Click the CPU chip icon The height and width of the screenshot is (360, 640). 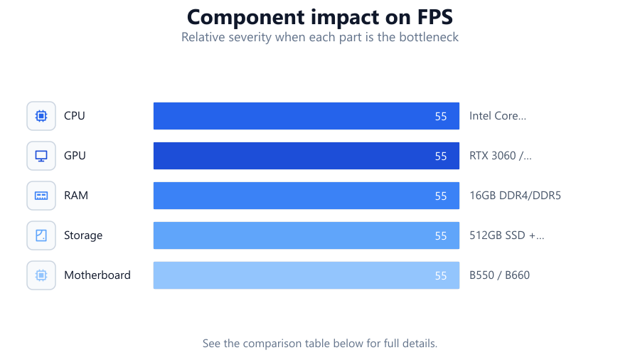pos(41,116)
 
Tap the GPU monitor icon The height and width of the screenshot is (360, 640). pos(41,156)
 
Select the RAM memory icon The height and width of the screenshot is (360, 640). pos(41,196)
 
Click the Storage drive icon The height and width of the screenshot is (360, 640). pos(41,235)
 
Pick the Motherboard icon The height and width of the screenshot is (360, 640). pos(41,275)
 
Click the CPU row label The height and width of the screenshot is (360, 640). pos(74,116)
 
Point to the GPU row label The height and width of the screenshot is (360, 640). pos(75,156)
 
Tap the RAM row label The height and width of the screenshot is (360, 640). pos(76,196)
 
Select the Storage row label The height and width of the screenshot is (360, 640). pos(83,235)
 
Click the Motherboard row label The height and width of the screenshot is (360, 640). pos(97,275)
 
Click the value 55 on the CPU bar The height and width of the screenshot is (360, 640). pos(441,117)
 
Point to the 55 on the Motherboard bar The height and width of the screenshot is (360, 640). pos(441,276)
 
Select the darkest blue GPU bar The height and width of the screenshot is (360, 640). pos(306,156)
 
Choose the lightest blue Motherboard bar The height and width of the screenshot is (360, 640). pos(306,275)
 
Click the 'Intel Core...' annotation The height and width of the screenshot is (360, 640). pos(498,116)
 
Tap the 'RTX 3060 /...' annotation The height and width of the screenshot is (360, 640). pos(501,156)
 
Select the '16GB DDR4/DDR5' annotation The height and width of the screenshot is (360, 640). pos(515,196)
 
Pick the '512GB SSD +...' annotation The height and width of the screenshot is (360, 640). pos(506,235)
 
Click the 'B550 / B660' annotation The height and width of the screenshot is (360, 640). pos(500,275)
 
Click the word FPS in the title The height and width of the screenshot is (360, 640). pos(434,18)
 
